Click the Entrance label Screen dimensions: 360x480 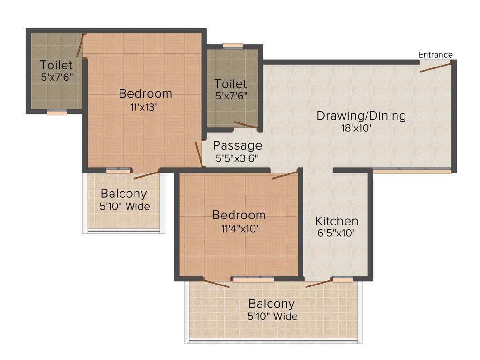435,55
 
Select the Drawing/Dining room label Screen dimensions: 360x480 361,115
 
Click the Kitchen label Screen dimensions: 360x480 337,221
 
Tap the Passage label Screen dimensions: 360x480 237,145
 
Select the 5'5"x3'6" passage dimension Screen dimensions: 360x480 237,158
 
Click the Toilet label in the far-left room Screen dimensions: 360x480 56,65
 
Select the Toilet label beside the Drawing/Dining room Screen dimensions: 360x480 231,84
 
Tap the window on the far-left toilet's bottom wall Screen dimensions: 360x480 57,112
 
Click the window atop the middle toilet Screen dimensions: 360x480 232,45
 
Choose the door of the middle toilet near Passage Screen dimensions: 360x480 246,125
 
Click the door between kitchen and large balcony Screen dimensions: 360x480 319,283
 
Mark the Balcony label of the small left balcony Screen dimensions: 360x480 124,193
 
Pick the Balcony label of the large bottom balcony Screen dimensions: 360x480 271,304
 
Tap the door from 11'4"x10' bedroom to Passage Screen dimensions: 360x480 285,175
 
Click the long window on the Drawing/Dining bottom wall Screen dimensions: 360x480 412,170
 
